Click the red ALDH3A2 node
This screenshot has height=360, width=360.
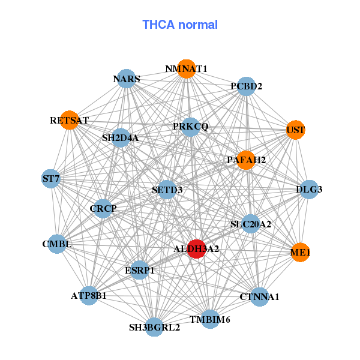[x=197, y=248]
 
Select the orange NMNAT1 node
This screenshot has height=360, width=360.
[x=187, y=69]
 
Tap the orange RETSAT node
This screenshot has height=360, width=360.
[x=70, y=120]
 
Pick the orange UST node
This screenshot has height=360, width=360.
[x=296, y=130]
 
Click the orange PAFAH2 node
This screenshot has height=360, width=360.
[x=246, y=160]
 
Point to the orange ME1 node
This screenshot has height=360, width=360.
[x=300, y=253]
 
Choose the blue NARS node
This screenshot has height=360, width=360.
[x=127, y=79]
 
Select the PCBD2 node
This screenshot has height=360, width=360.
[x=247, y=86]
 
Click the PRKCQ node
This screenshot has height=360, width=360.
[x=190, y=127]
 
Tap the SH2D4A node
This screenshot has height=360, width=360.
[x=121, y=138]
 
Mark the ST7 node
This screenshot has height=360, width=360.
[x=51, y=178]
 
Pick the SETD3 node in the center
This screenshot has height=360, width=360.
[x=167, y=190]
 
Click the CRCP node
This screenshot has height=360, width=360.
[x=103, y=208]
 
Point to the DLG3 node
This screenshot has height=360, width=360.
[x=309, y=190]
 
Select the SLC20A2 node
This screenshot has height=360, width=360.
[x=251, y=224]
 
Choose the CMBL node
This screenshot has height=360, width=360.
[x=57, y=244]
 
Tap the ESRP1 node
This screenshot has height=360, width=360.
[x=139, y=270]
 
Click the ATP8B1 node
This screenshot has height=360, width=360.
[x=89, y=295]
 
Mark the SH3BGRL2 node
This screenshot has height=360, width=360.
[x=154, y=327]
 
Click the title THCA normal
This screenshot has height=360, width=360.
[x=180, y=25]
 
